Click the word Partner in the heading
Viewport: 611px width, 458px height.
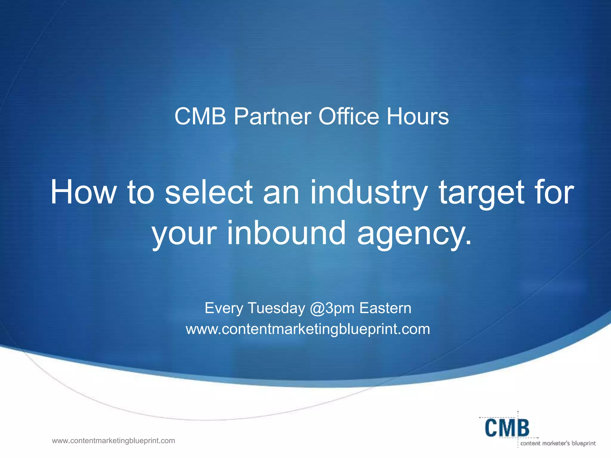coord(272,116)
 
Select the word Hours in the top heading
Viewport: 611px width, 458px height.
coord(417,116)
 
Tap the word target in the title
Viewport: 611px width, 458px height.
coord(481,193)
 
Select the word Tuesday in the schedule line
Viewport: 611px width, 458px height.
coord(276,308)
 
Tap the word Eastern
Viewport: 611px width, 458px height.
coord(385,308)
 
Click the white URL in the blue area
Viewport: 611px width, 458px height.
coord(308,329)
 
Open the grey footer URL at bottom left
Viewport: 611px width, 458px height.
coord(113,441)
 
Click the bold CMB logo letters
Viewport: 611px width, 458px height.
coord(507,428)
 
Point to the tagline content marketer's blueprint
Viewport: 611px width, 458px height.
coord(558,443)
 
